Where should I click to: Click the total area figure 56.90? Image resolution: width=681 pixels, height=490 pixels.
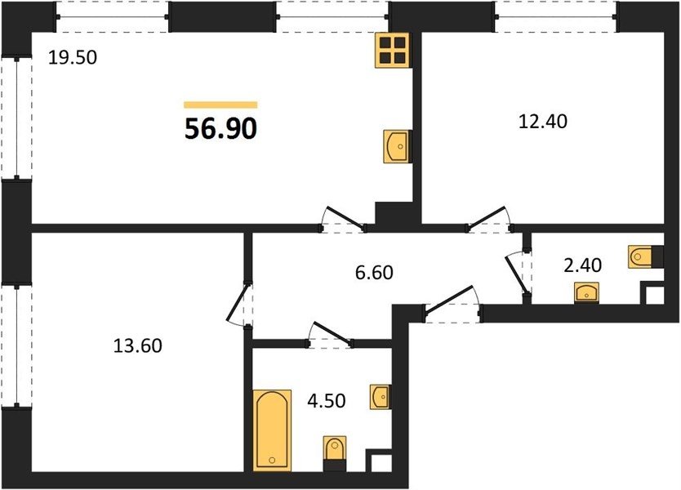tap(220, 129)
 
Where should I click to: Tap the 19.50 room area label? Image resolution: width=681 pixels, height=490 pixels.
tap(73, 57)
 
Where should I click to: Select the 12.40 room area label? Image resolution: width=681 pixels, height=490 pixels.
tap(543, 121)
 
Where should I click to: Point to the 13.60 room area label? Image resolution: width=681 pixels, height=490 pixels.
tap(138, 345)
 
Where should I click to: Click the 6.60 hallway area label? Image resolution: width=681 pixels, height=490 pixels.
tap(374, 273)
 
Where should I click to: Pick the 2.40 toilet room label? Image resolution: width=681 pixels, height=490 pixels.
tap(582, 265)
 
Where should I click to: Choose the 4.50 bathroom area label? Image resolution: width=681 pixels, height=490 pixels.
tap(326, 400)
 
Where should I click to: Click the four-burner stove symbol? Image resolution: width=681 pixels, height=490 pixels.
tap(393, 51)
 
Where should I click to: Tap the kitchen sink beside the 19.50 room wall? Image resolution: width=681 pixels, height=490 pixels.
tap(397, 147)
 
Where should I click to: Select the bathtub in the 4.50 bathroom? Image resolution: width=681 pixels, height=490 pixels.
tap(272, 430)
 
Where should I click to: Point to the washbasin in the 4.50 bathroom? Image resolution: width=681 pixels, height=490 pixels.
tap(381, 397)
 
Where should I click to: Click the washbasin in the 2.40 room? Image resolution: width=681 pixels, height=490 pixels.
tap(586, 292)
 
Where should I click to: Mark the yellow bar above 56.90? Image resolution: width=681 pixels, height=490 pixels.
tap(220, 105)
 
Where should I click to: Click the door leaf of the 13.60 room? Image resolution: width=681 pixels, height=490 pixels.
tap(238, 303)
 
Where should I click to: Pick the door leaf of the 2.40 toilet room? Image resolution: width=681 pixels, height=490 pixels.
tap(517, 275)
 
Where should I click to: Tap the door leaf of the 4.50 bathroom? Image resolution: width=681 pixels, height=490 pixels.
tap(332, 334)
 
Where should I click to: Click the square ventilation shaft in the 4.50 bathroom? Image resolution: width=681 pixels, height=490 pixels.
tap(379, 461)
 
